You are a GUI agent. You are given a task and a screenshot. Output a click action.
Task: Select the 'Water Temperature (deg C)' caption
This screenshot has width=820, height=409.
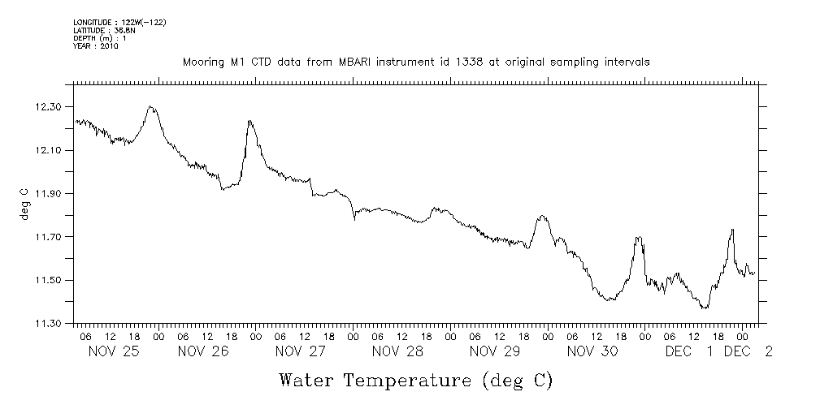(x=416, y=380)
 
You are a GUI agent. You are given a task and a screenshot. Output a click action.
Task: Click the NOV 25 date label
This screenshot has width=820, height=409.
(x=113, y=351)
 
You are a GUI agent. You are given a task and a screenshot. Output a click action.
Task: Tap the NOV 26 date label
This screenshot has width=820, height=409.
(x=202, y=351)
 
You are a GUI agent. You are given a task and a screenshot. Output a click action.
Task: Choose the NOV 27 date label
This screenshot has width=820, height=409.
(x=300, y=351)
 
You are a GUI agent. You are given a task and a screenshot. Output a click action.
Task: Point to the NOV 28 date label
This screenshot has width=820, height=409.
(x=397, y=351)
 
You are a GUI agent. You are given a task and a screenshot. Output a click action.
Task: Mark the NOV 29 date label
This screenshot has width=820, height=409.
(x=495, y=351)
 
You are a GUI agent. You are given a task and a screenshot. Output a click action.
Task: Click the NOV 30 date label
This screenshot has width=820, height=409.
(x=592, y=351)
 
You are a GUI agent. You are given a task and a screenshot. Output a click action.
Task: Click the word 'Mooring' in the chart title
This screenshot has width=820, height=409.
(x=205, y=62)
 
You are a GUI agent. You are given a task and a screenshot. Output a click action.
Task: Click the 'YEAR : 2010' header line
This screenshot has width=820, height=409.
(x=96, y=46)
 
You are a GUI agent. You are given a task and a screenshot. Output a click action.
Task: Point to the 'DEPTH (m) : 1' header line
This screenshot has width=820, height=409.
(x=99, y=38)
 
